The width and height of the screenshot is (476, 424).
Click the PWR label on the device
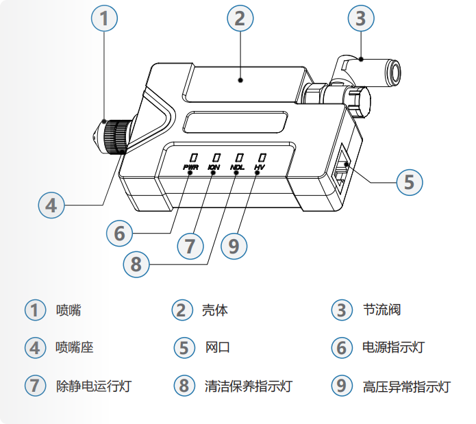[x=190, y=166]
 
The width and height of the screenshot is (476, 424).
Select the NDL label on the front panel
[x=237, y=166]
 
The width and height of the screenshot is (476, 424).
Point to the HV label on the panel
[x=259, y=166]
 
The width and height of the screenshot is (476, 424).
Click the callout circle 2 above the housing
[x=239, y=18]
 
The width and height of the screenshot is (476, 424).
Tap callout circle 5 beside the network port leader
[x=409, y=182]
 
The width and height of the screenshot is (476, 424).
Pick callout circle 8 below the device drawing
[x=136, y=264]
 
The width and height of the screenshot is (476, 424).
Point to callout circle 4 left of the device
[x=51, y=204]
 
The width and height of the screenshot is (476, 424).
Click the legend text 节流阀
[x=381, y=310]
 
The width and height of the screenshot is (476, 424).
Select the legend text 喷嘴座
[x=74, y=347]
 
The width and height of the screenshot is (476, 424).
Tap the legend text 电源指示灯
[x=393, y=347]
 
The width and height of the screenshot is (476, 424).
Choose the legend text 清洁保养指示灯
[x=248, y=386]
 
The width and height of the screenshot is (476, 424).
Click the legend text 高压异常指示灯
[x=406, y=386]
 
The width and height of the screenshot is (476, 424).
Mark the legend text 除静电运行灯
[x=93, y=386]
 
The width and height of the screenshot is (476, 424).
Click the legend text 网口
[x=217, y=347]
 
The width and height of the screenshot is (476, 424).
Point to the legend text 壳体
[x=215, y=310]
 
